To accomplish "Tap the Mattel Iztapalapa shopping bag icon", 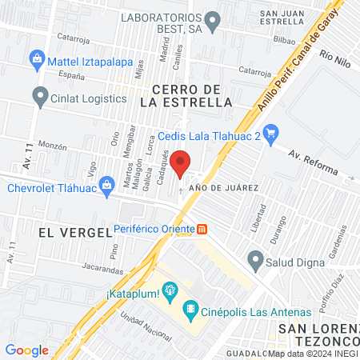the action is pos(37,58).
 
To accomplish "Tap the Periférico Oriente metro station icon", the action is pos(202,230).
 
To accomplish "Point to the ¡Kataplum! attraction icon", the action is pos(169,290).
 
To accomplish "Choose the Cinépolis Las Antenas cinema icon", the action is pos(190,308).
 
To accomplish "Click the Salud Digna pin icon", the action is pos(256,259).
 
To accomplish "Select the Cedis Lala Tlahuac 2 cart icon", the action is pos(271,134).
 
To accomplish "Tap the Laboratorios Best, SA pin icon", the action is pos(212,20).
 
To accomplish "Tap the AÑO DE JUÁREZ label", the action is pos(222,187).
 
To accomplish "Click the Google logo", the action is pos(26,350).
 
